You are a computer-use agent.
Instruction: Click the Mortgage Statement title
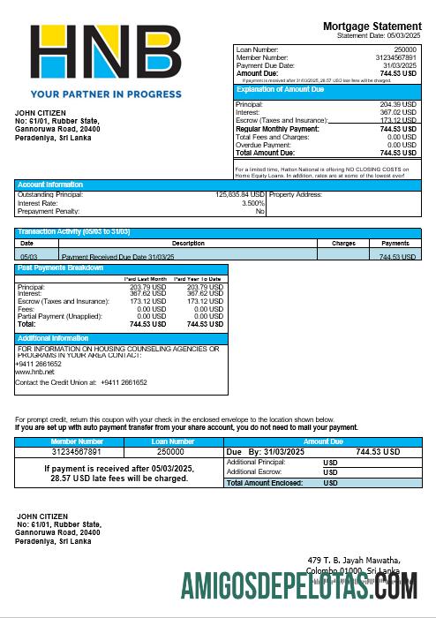click(372, 26)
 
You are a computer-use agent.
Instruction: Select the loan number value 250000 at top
click(404, 50)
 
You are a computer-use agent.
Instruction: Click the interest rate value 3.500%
click(252, 202)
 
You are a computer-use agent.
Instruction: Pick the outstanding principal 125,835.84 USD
click(239, 194)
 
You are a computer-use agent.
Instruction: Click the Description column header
click(188, 243)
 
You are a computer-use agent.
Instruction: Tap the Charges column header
click(343, 243)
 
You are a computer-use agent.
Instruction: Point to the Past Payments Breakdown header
click(60, 268)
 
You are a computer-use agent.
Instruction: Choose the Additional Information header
click(53, 338)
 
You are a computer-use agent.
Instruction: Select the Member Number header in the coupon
click(77, 441)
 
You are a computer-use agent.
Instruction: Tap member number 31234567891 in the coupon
click(77, 451)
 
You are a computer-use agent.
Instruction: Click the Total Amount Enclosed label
click(265, 483)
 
